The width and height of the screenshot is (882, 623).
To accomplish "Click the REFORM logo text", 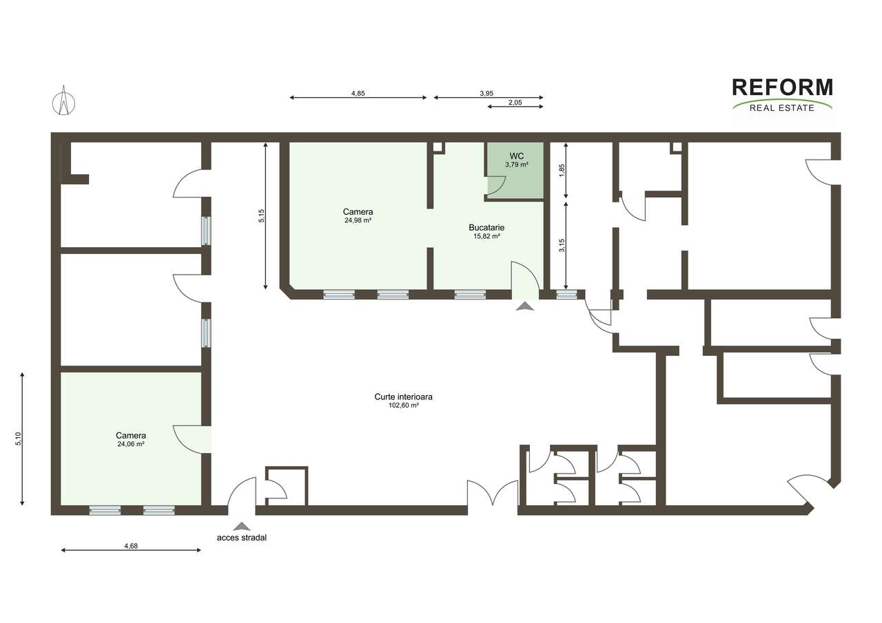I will pos(782,87).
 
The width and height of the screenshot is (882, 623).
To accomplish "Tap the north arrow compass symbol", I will pos(63,101).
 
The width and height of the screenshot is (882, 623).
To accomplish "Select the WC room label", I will pos(516,156).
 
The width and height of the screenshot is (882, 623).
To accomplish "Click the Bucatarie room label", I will pos(486,227).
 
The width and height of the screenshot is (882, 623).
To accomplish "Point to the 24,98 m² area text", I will pos(358,221).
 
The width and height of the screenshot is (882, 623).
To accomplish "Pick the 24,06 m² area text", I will pos(131,445).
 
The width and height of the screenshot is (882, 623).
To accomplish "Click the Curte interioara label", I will pos(403,397).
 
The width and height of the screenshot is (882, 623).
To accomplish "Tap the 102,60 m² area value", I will pos(403,406).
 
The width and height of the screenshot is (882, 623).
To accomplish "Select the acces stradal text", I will pos(241,538).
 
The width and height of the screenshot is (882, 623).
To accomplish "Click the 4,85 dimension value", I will pos(358,93).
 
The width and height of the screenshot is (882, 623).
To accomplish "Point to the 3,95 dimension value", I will pos(486,93).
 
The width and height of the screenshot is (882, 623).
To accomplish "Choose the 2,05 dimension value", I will pos(515,102).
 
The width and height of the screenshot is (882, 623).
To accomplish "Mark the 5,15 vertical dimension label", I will pos(261,216).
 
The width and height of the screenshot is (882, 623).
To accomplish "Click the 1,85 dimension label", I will pos(562,170).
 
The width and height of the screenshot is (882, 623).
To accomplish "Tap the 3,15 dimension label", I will pos(562,245).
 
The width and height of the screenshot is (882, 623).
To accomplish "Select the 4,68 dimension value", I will pos(131,546).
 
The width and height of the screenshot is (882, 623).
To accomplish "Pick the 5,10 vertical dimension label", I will pos(18,439).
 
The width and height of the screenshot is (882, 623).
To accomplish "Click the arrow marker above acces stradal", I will pos(241,526).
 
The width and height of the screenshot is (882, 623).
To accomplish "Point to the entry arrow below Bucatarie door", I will pos(524,306).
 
